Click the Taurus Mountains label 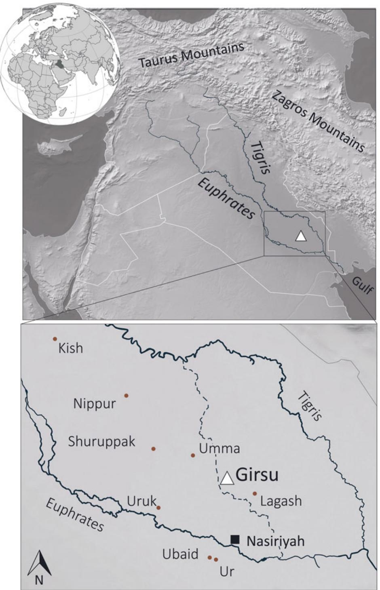coord(192,55)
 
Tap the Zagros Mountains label coord(318,121)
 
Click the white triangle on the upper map coord(300,236)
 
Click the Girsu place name coord(257,475)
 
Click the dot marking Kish coord(55,339)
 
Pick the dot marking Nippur coord(126,396)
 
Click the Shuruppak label coord(101,442)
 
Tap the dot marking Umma coord(193,455)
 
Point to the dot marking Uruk coord(158,508)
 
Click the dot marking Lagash coord(255,493)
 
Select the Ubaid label coord(180,554)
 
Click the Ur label coord(227,572)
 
